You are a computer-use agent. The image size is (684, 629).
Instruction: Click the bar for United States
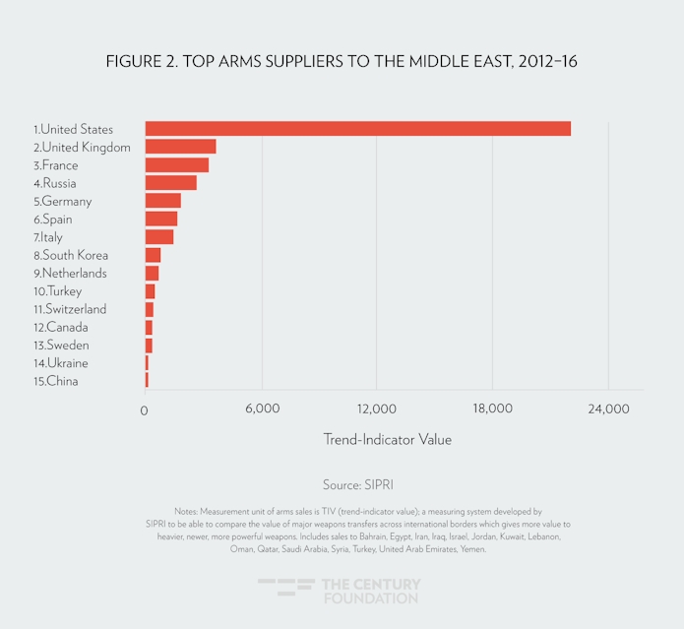[357, 129]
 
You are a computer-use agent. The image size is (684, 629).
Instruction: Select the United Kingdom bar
[180, 147]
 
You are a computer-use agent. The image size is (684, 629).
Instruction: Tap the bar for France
[176, 165]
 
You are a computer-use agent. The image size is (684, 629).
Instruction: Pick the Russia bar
[170, 183]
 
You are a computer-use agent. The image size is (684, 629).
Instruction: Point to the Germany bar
[162, 201]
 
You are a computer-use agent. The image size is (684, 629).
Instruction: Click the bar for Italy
[158, 237]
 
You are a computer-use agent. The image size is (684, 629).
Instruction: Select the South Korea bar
[153, 255]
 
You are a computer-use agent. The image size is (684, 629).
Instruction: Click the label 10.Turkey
[57, 291]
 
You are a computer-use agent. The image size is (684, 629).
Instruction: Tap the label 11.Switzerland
[69, 309]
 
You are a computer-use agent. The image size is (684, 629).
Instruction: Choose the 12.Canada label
[60, 327]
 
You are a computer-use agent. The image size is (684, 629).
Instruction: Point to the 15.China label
[55, 381]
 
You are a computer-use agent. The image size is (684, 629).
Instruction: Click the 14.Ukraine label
[60, 363]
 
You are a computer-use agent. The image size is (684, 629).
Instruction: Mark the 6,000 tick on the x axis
[262, 409]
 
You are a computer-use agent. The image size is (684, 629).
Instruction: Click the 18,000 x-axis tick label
[492, 409]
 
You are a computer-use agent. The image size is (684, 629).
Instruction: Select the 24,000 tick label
[607, 409]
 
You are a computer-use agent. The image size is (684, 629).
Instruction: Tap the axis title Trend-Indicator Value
[387, 439]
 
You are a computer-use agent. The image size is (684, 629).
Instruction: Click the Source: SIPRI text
[358, 485]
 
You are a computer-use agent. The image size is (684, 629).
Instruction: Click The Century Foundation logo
[340, 591]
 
